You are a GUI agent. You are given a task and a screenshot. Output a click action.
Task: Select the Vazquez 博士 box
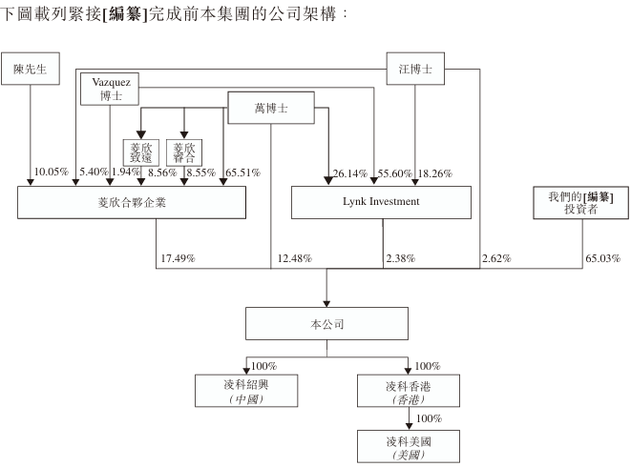point(110,89)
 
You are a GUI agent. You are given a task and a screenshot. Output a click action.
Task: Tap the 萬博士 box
point(271,109)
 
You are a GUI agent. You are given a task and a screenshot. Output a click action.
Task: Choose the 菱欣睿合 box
point(183,152)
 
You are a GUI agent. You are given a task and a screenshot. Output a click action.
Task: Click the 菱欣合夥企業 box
point(132,202)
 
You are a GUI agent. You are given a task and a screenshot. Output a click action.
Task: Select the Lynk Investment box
point(381,202)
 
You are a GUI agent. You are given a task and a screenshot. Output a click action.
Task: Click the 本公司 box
point(327,324)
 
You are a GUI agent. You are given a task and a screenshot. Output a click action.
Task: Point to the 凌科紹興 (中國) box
point(245,391)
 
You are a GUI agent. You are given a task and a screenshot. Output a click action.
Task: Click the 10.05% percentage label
point(51,173)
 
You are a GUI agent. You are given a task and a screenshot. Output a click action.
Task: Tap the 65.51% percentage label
point(242,173)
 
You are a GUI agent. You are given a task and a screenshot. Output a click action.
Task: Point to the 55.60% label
point(393,173)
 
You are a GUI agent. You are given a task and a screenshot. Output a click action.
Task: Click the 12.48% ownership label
point(295,258)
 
